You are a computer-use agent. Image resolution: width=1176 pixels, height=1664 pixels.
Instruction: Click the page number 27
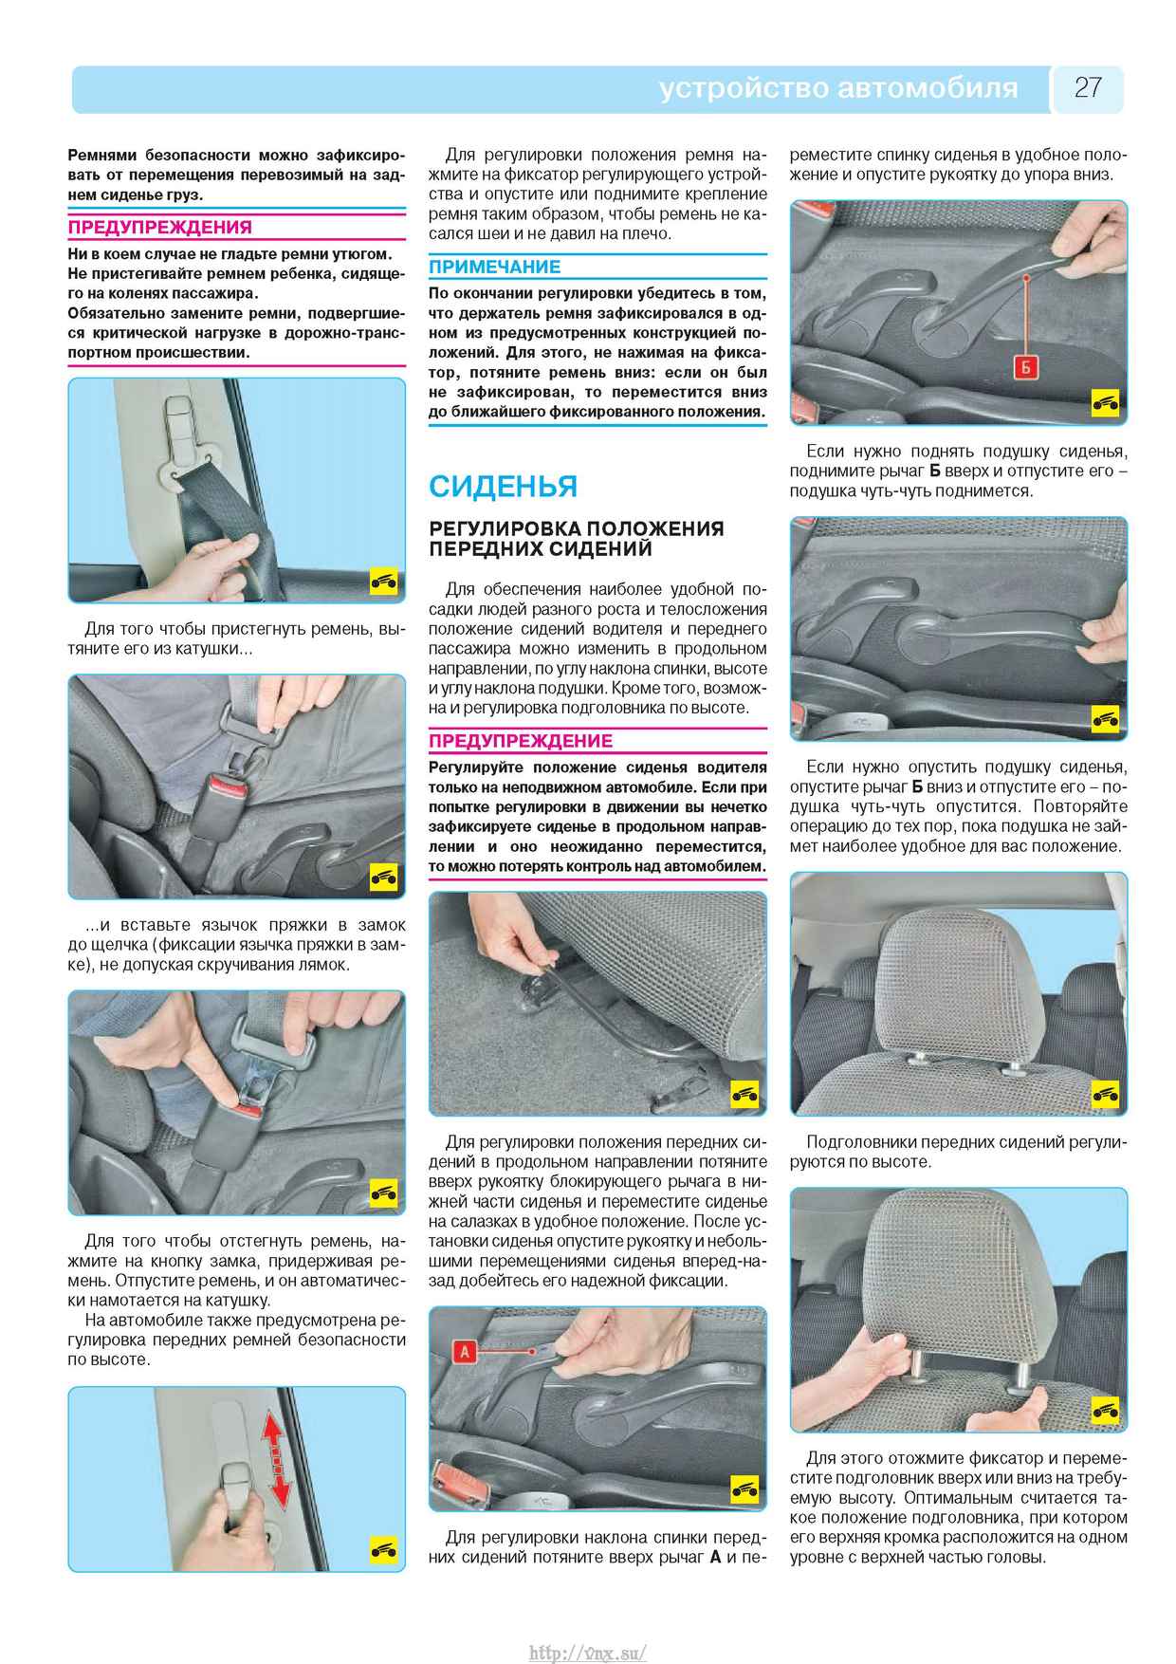(1088, 88)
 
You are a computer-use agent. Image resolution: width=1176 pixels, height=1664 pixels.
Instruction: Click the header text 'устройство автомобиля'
(838, 89)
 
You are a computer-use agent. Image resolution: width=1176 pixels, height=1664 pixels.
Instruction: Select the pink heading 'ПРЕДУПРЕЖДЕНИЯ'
(160, 227)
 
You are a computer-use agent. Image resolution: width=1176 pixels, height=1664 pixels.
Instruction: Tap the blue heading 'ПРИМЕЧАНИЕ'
(495, 267)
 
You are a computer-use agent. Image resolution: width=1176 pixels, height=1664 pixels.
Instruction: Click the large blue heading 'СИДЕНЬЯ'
(503, 486)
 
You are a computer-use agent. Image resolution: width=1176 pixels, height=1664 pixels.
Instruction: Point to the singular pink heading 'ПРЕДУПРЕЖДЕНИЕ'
(521, 741)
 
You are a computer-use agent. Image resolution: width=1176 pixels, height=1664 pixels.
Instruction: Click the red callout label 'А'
(465, 1352)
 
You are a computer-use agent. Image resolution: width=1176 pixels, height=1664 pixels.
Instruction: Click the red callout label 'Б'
(1024, 367)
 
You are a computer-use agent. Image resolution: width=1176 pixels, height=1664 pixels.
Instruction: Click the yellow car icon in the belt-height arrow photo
(383, 1551)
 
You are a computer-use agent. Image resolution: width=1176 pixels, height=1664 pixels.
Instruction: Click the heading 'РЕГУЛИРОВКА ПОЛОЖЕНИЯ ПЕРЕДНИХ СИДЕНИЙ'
(577, 538)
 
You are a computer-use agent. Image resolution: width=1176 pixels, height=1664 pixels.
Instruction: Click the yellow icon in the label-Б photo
(1105, 403)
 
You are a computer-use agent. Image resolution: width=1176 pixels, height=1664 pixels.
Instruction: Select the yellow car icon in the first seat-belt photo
(383, 582)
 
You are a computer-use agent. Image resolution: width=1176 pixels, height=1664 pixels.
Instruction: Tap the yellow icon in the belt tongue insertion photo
(383, 878)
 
